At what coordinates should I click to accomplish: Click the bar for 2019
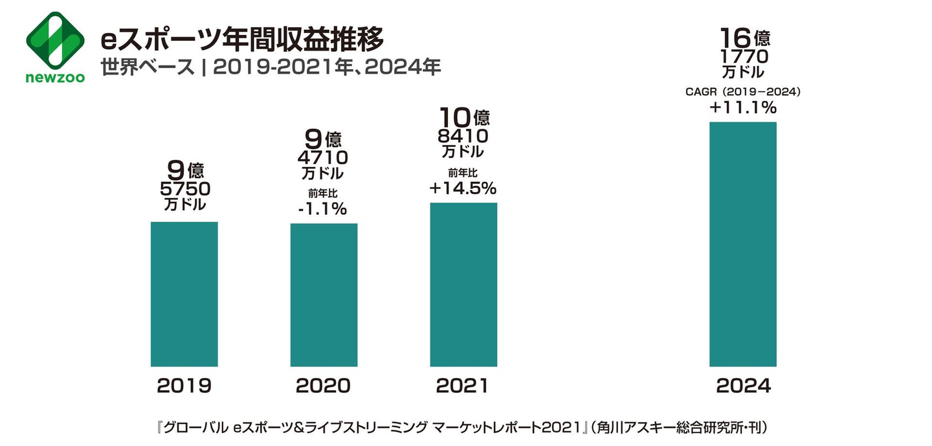click(184, 294)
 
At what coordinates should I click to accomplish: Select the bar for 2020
click(324, 295)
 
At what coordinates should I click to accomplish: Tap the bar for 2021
click(463, 284)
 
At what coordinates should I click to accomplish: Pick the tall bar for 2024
click(743, 244)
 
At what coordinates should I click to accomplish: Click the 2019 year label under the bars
click(184, 386)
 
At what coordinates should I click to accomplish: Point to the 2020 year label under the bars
click(324, 386)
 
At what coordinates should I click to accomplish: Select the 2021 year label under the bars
click(462, 386)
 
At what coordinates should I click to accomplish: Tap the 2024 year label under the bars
click(743, 386)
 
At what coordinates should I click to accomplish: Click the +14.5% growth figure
click(462, 188)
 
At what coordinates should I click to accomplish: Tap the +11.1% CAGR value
click(742, 107)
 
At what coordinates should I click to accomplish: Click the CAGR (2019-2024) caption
click(743, 92)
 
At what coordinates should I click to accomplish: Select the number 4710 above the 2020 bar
click(323, 158)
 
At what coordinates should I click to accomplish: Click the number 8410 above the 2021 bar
click(463, 137)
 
